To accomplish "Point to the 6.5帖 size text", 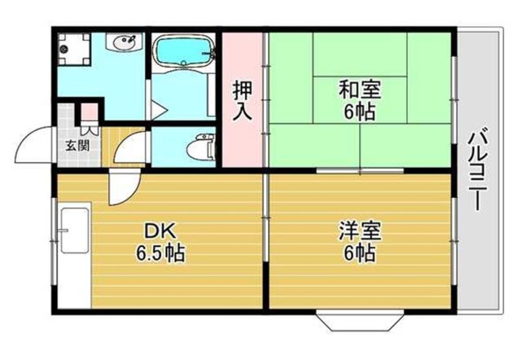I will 159,252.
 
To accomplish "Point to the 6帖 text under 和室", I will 358,111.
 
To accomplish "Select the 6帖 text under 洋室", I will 358,252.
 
